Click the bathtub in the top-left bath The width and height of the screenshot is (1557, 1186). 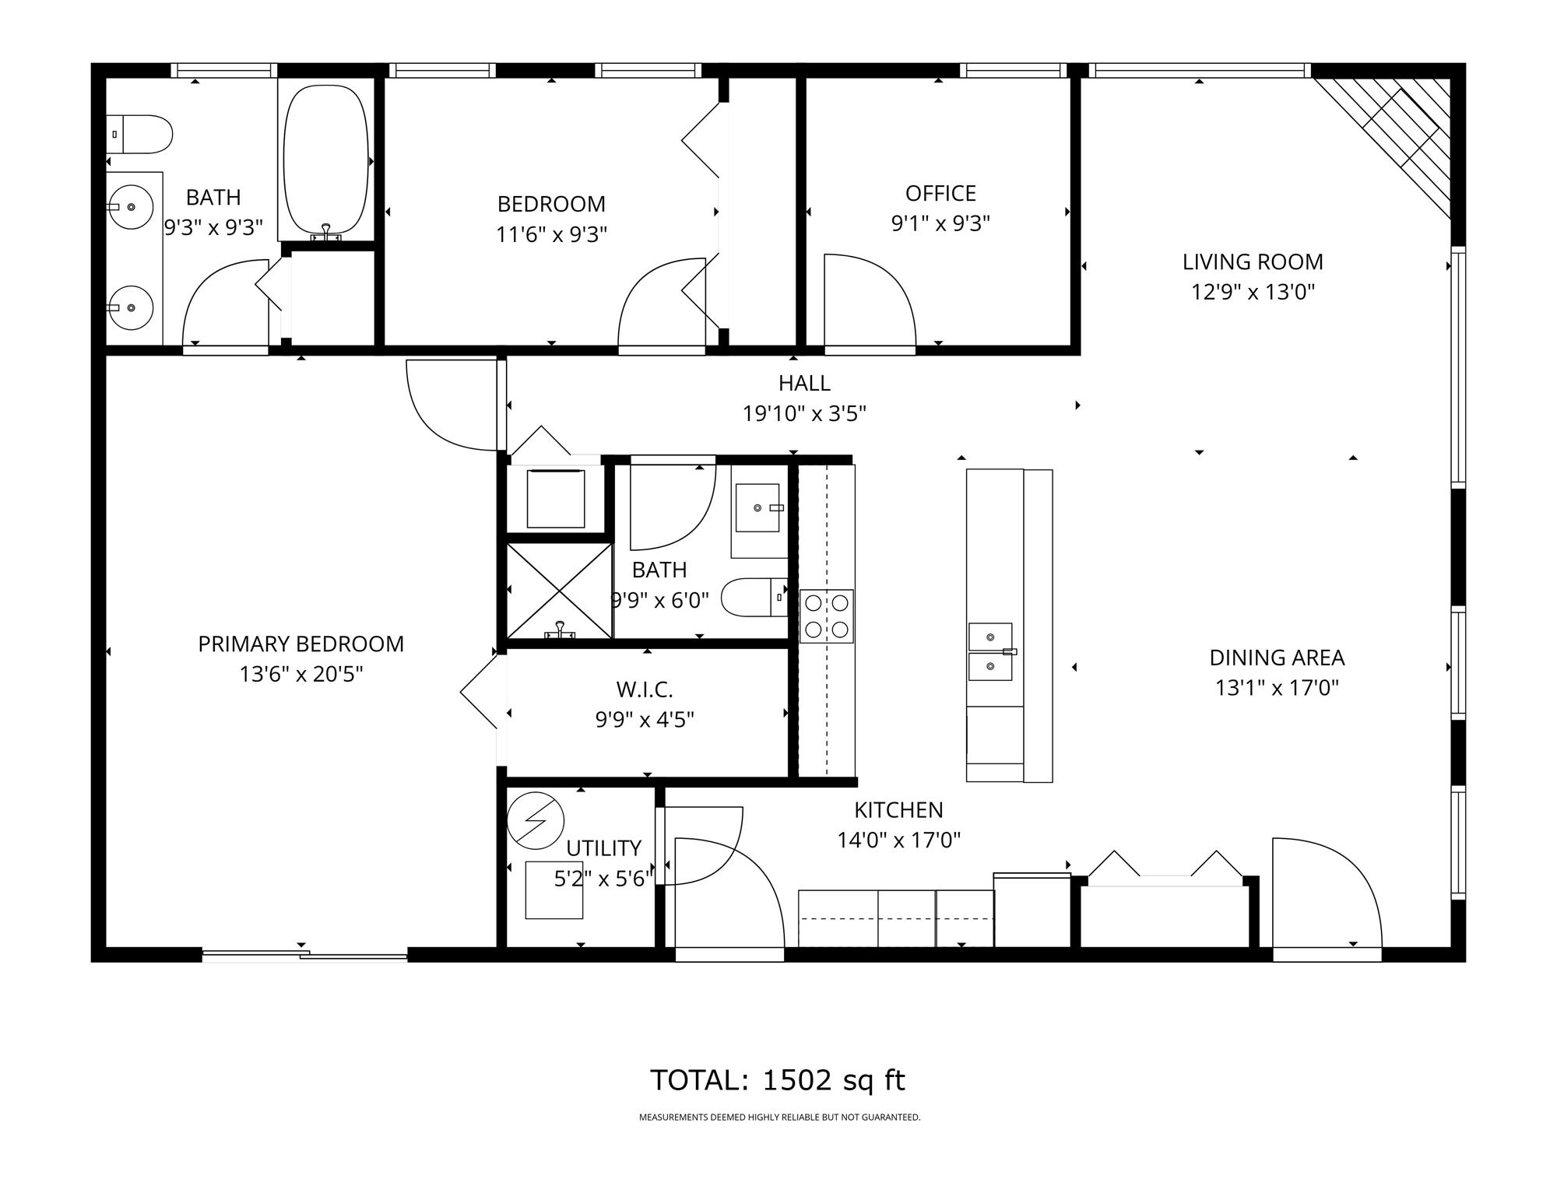tap(327, 160)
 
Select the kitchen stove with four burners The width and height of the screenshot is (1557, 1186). tap(827, 616)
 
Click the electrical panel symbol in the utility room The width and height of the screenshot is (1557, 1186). tap(535, 820)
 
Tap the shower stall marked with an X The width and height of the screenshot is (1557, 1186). tap(559, 591)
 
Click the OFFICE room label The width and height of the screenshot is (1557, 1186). tap(940, 193)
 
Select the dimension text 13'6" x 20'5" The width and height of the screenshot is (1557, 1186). tap(301, 674)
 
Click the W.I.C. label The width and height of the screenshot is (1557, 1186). tap(645, 689)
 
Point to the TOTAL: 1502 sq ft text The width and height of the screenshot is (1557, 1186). tap(778, 1080)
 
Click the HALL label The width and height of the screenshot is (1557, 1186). tap(804, 383)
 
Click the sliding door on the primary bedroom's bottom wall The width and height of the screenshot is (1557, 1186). tap(304, 955)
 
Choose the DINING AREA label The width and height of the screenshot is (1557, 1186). tap(1277, 658)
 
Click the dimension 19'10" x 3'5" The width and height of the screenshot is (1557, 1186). tap(804, 413)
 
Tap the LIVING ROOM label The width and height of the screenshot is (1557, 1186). tap(1253, 262)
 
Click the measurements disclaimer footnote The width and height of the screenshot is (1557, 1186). tap(779, 1118)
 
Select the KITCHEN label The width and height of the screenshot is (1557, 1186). tap(898, 810)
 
